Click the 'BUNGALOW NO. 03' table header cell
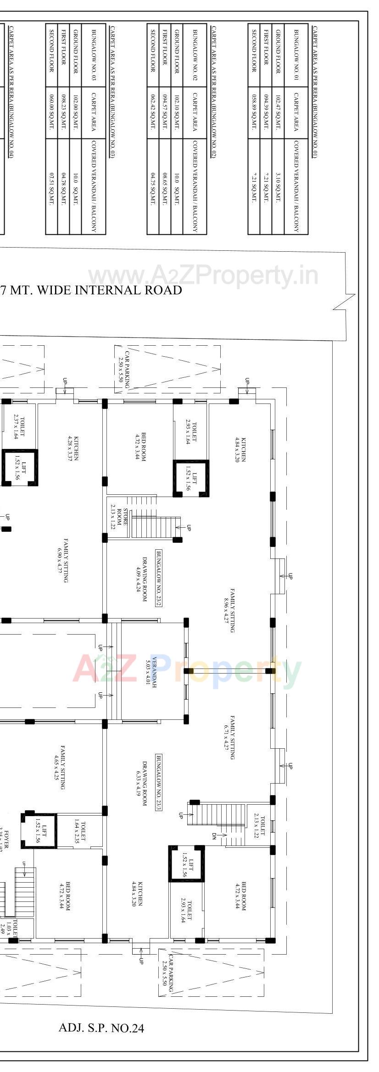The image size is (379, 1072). coord(94,55)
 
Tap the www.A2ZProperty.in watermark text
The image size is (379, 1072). coord(203,276)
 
